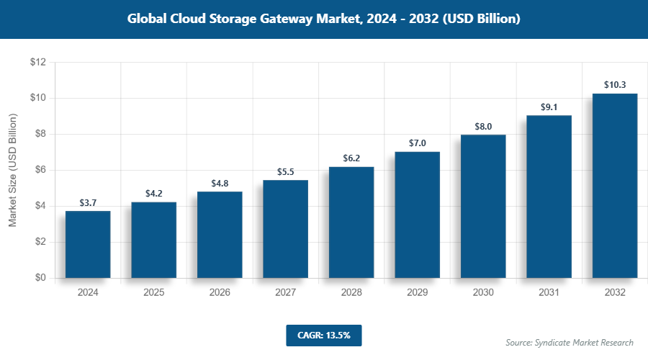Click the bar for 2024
(x=88, y=244)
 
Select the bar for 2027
(x=285, y=229)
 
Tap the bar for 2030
(x=483, y=206)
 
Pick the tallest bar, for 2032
(x=615, y=186)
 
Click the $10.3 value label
(x=615, y=85)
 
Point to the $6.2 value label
(x=351, y=158)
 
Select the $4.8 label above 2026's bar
(x=220, y=184)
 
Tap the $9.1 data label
(x=549, y=107)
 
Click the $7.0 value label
(x=417, y=143)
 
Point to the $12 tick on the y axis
(x=38, y=63)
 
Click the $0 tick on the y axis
(x=40, y=278)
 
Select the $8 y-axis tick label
(x=40, y=134)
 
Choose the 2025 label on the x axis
(x=153, y=293)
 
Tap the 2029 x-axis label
(x=417, y=293)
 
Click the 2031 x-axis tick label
(x=549, y=293)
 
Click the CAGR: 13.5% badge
(x=323, y=335)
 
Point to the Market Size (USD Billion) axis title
(x=12, y=171)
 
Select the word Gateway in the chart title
(x=285, y=19)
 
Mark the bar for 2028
(x=351, y=222)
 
